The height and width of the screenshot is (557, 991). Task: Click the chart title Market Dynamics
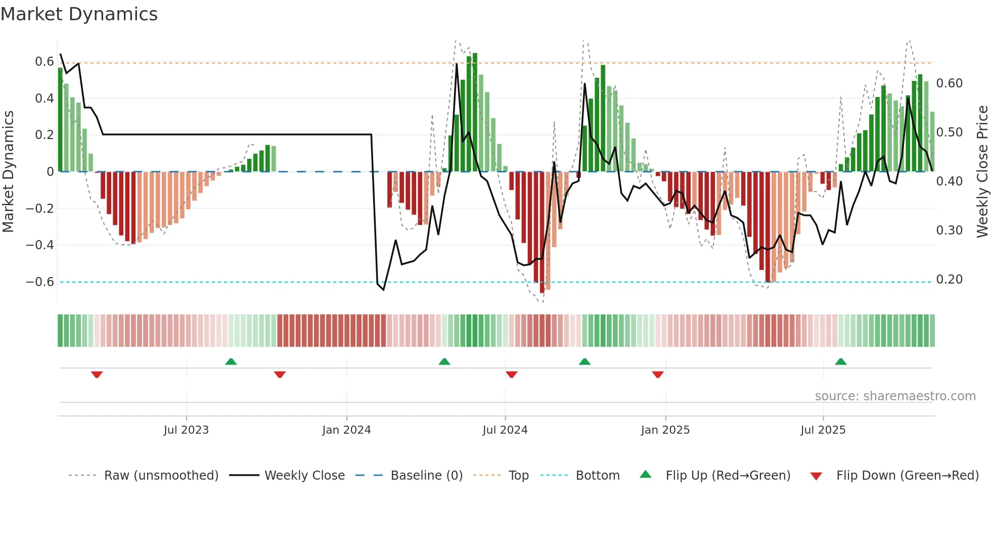[x=79, y=14]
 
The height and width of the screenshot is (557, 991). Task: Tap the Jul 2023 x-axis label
[x=186, y=430]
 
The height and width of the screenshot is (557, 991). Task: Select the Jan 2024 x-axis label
[x=346, y=430]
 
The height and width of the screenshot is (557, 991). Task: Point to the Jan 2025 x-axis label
[x=665, y=430]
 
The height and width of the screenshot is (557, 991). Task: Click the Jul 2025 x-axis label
[x=823, y=430]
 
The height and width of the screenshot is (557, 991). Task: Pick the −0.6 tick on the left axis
[x=40, y=282]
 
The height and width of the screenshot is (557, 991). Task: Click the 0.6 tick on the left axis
[x=44, y=62]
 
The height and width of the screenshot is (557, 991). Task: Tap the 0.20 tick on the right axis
[x=949, y=280]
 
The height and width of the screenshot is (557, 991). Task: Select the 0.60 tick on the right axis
[x=949, y=83]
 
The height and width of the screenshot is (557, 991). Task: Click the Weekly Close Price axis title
[x=982, y=171]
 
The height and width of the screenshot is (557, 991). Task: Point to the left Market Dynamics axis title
[x=8, y=171]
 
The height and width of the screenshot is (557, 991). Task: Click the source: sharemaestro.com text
[x=895, y=396]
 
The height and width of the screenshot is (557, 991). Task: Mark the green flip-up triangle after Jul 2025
[x=841, y=361]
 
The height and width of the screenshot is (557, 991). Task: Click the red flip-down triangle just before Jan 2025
[x=658, y=375]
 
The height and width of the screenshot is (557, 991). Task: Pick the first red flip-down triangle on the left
[x=97, y=375]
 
